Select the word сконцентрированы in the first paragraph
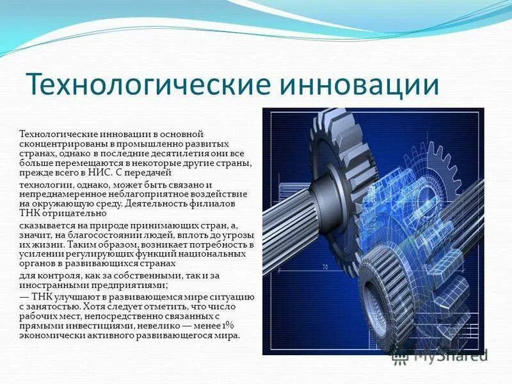(61, 144)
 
